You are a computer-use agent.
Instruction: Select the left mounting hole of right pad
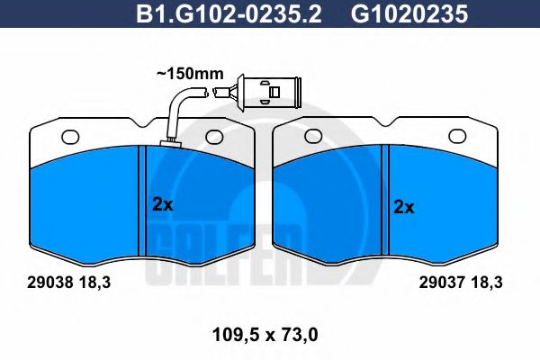pos(313,137)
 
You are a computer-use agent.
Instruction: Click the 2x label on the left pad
pos(161,205)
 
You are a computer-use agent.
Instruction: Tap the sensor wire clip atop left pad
pos(168,143)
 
